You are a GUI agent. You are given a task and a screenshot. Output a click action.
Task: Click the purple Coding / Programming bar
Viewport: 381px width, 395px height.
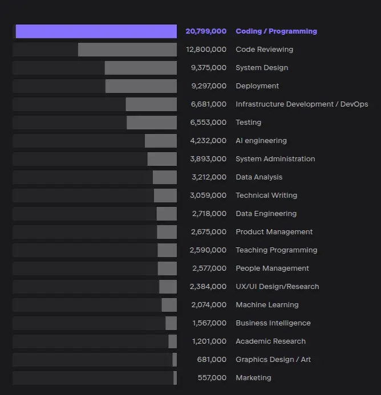[x=96, y=31]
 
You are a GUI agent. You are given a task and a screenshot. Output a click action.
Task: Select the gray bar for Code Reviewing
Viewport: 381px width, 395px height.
[x=127, y=50]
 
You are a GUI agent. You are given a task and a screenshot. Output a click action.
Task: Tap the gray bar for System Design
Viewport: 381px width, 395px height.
[x=140, y=68]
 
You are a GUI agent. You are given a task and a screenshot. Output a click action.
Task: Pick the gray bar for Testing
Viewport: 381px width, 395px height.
[x=151, y=123]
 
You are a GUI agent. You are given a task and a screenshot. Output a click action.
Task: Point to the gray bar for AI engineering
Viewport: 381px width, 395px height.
[x=160, y=141]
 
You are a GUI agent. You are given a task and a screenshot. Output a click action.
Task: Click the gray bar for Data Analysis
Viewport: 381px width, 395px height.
[x=164, y=177]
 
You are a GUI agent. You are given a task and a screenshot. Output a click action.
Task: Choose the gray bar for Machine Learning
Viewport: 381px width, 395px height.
[x=169, y=305]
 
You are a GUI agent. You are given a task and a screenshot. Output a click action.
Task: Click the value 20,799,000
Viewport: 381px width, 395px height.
[x=206, y=31]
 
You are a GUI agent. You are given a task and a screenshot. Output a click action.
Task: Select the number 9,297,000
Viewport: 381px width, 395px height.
[x=209, y=86]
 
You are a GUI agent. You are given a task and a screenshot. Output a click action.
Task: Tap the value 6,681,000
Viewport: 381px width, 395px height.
[x=209, y=104]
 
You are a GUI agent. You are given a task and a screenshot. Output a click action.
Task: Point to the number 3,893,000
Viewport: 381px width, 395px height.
[x=208, y=159]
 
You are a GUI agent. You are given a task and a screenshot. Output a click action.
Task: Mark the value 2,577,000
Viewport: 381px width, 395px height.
[x=209, y=268]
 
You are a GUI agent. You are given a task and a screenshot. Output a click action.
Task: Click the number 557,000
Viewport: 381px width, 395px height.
[x=212, y=378]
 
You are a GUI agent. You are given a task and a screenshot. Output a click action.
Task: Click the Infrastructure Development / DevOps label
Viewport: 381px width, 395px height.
[x=302, y=104]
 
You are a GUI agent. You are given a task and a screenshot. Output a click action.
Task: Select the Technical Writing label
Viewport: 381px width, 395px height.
[x=266, y=196]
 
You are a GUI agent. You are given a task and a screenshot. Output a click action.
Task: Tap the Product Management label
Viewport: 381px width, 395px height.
[x=274, y=232]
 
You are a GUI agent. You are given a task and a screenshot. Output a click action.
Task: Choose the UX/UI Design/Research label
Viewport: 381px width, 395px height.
[x=277, y=287]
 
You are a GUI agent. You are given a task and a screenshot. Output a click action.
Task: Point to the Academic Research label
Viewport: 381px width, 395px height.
[x=270, y=341]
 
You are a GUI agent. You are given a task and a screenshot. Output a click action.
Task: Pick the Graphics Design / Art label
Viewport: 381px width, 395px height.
[x=273, y=360]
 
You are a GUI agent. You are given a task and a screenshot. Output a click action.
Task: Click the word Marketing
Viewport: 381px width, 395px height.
[x=253, y=378]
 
